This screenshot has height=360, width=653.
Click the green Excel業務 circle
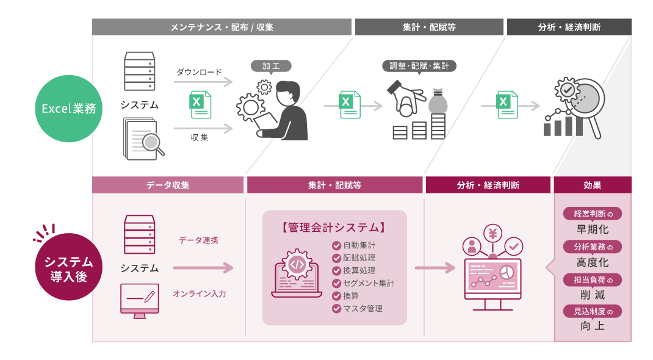[x=68, y=109]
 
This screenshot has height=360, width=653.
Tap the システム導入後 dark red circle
[x=68, y=267]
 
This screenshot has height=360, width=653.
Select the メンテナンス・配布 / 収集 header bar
[x=222, y=27]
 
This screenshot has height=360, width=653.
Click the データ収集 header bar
[x=168, y=185]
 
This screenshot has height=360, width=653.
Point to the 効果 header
[x=592, y=185]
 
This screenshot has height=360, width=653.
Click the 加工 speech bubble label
[x=271, y=65]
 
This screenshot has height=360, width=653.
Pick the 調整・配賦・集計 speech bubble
[x=419, y=66]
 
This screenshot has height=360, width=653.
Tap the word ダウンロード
[x=199, y=72]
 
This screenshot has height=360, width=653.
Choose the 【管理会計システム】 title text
[x=334, y=228]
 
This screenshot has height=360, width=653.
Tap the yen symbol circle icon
[x=492, y=233]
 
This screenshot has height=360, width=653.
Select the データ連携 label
[x=198, y=240]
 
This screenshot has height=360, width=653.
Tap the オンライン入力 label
[x=200, y=293]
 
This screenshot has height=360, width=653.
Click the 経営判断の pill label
[x=592, y=214]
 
